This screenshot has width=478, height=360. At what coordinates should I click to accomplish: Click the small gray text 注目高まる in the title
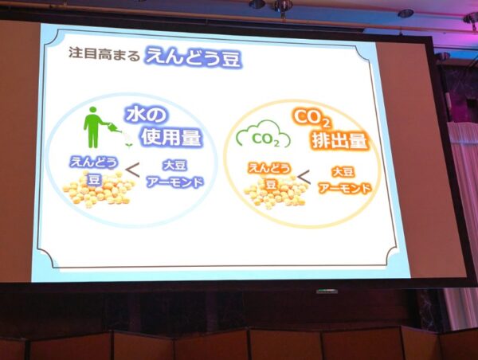click(x=104, y=54)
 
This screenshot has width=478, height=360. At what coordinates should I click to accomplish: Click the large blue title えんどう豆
click(x=194, y=57)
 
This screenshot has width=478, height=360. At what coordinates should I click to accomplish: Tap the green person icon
click(x=93, y=127)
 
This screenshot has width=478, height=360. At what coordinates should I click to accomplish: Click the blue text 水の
click(x=146, y=115)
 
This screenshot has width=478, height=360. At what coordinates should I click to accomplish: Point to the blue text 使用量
click(x=171, y=138)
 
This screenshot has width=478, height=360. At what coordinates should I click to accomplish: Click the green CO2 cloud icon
click(x=264, y=135)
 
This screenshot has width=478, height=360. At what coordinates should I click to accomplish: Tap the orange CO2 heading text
click(x=311, y=119)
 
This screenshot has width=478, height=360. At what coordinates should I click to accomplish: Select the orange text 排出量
click(x=339, y=142)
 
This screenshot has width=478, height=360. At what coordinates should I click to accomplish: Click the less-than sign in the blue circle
click(x=132, y=170)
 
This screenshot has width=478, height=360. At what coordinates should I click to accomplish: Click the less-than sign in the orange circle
click(x=304, y=177)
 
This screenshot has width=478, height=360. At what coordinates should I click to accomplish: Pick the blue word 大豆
click(x=174, y=166)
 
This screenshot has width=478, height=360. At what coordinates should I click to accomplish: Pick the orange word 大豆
click(x=343, y=172)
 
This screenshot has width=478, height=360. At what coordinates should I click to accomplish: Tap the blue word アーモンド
click(x=174, y=182)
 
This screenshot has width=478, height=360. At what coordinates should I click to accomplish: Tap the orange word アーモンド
click(x=345, y=189)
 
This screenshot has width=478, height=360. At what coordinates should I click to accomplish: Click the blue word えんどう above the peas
click(x=93, y=162)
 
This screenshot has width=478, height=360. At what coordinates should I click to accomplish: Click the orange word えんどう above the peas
click(x=269, y=169)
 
